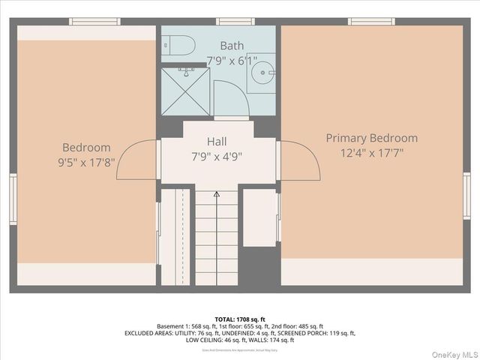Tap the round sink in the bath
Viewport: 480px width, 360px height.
[x=262, y=73]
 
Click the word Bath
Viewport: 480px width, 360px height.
[x=232, y=46]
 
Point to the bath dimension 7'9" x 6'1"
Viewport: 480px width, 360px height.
[x=231, y=59]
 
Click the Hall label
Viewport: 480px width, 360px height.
[x=217, y=141]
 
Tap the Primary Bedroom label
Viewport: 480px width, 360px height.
[x=371, y=138]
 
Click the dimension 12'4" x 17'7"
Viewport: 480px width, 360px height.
[x=371, y=153]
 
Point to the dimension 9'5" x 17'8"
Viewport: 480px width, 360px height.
[x=86, y=162]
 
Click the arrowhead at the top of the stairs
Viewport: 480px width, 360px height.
[x=217, y=194]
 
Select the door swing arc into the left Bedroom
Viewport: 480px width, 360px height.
[x=136, y=160]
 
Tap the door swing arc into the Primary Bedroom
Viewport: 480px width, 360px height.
[x=300, y=160]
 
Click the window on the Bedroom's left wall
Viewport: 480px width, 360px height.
[x=13, y=198]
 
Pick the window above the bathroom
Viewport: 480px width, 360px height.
[x=235, y=22]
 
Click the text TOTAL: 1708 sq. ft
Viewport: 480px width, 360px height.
[x=240, y=319]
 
